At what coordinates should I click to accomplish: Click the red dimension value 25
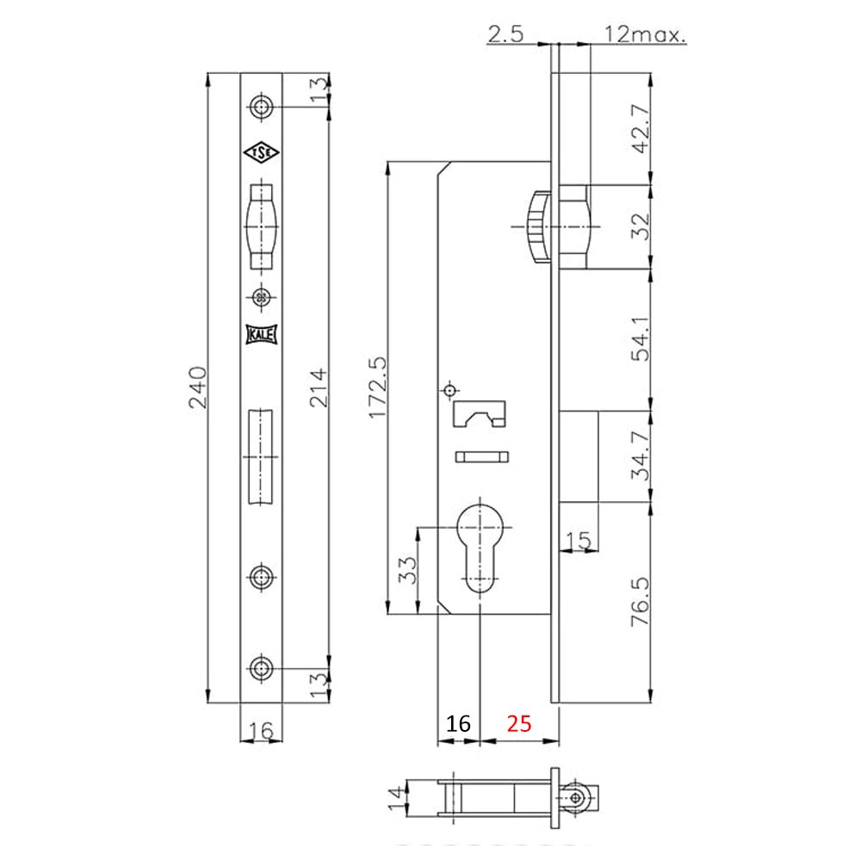coord(519,723)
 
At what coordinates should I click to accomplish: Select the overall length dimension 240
coord(197,389)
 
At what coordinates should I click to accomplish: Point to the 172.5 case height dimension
coord(375,388)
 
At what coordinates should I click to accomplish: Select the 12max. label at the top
coord(645,34)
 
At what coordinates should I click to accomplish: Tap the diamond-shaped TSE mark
coord(261,153)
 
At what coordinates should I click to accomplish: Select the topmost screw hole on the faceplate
coord(261,107)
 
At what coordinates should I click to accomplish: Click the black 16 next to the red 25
coord(458,723)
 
